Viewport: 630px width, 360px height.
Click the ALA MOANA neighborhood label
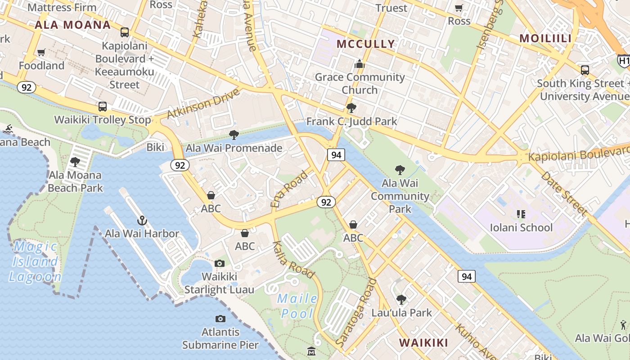coord(72,25)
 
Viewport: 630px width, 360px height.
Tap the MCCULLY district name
coord(366,44)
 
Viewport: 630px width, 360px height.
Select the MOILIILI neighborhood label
coord(545,38)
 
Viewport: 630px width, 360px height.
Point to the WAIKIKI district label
coord(423,342)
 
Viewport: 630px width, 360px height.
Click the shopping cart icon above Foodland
coord(41,53)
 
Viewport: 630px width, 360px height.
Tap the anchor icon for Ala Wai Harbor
coord(142,220)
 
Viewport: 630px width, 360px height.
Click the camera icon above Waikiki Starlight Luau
coord(220,263)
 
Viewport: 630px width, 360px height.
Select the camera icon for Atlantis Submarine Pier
coord(220,319)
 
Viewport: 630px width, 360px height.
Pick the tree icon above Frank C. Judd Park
coord(351,108)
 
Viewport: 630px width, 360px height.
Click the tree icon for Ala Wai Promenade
coord(234,135)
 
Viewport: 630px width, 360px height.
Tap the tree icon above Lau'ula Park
coord(401,299)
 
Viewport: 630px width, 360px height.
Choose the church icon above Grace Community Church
coord(359,64)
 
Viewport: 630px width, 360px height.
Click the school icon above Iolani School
coord(521,214)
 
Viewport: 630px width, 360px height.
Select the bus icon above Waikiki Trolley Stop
coord(103,107)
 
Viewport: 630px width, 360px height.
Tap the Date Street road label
coord(564,193)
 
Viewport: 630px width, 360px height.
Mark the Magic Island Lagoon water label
coord(35,261)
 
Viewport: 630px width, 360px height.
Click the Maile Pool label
coord(297,306)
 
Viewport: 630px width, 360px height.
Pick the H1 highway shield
coord(624,61)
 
